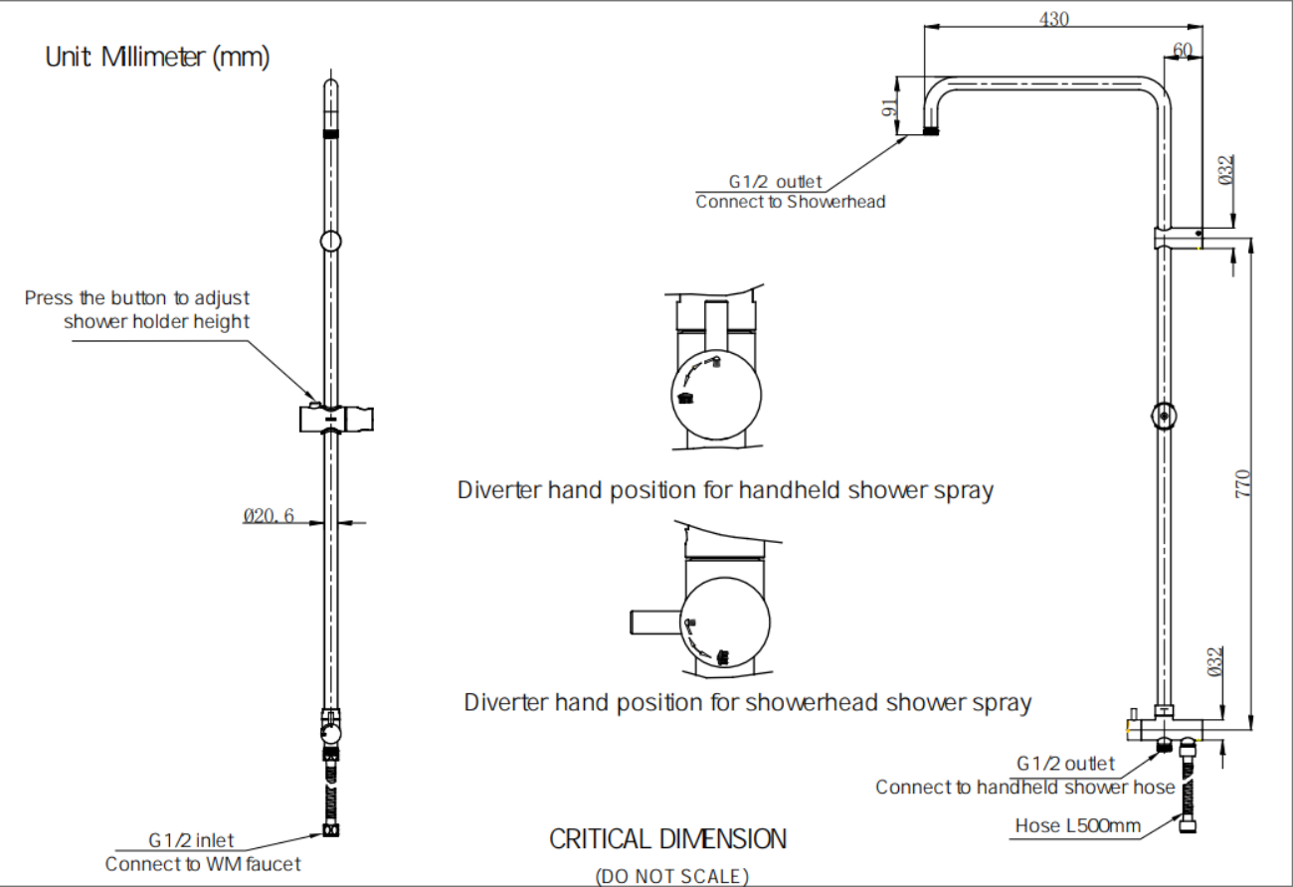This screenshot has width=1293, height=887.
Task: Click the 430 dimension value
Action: coord(1054,19)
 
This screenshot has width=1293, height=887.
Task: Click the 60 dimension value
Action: coord(1183,50)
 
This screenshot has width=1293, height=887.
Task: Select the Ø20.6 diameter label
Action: coord(269,516)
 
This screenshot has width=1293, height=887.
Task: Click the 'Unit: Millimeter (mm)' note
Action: coord(157,58)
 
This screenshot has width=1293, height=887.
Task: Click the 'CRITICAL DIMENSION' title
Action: coord(667,839)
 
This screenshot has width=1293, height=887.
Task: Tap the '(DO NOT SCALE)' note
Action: coord(671,876)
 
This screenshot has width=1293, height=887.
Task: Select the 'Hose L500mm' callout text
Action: coord(1077,825)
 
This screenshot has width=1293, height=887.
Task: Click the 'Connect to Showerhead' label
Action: coord(790,202)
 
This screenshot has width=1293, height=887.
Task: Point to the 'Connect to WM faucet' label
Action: coord(203,864)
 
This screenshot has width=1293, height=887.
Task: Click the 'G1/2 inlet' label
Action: coord(192,842)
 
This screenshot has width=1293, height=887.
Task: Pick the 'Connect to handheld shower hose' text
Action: coord(1024,788)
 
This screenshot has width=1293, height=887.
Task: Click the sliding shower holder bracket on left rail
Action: coord(337,419)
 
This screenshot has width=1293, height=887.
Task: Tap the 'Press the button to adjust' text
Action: coord(137,297)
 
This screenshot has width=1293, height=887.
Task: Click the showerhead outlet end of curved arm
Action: coord(932,129)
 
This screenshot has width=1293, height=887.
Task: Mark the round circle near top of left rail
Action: coord(331,241)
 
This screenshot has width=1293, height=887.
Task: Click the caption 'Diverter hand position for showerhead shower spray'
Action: coord(747,703)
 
